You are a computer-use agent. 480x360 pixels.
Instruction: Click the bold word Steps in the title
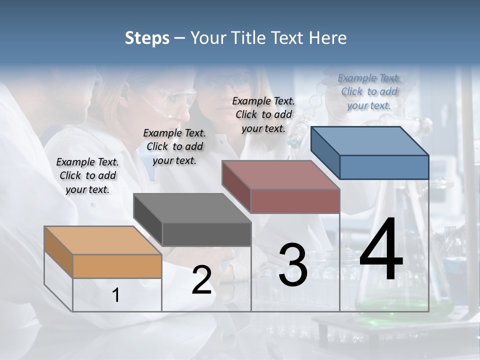click(x=147, y=38)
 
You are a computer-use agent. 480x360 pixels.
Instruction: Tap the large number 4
click(x=381, y=250)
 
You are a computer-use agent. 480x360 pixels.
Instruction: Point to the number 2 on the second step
click(x=201, y=280)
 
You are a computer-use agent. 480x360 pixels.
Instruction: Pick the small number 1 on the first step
click(x=116, y=295)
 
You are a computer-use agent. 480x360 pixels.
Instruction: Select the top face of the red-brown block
click(x=280, y=175)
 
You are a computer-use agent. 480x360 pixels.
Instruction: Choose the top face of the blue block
click(x=369, y=141)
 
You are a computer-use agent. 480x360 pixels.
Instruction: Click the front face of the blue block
click(x=384, y=167)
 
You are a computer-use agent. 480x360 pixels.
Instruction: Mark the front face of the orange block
click(x=117, y=266)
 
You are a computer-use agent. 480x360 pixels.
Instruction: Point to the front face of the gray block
click(x=206, y=234)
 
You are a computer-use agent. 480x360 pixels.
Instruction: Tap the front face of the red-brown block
click(x=295, y=201)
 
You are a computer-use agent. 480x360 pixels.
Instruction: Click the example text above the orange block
click(x=87, y=175)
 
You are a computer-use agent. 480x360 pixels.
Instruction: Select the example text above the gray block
click(x=174, y=146)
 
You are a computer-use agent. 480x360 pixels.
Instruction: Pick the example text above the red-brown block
click(x=263, y=114)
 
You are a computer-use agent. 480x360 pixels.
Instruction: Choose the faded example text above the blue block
click(x=369, y=91)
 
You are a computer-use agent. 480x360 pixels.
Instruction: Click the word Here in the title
click(x=328, y=38)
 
